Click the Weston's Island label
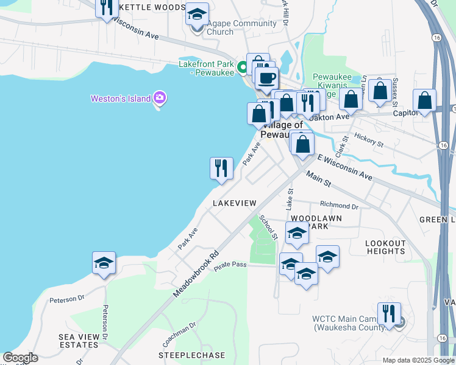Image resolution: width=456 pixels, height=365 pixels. pos(121,99)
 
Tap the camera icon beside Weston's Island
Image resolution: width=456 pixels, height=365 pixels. pos(160,97)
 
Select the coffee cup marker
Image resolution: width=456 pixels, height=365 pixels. pos(266,78)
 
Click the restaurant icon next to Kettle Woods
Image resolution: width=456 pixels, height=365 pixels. pos(107,8)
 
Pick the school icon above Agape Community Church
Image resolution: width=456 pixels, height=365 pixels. pos(197,14)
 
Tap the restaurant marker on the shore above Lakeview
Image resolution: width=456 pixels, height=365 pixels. pos(221,168)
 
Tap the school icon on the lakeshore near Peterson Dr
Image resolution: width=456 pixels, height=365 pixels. pos(104,263)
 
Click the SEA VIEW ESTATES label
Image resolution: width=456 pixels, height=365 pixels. pos(79,341)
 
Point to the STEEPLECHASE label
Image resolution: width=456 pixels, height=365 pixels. pos(191,355)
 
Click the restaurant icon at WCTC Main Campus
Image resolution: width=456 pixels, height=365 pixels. pos(388,313)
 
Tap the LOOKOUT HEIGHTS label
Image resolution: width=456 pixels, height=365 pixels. pos(385,247)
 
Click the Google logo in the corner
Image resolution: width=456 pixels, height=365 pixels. pos(20,358)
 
